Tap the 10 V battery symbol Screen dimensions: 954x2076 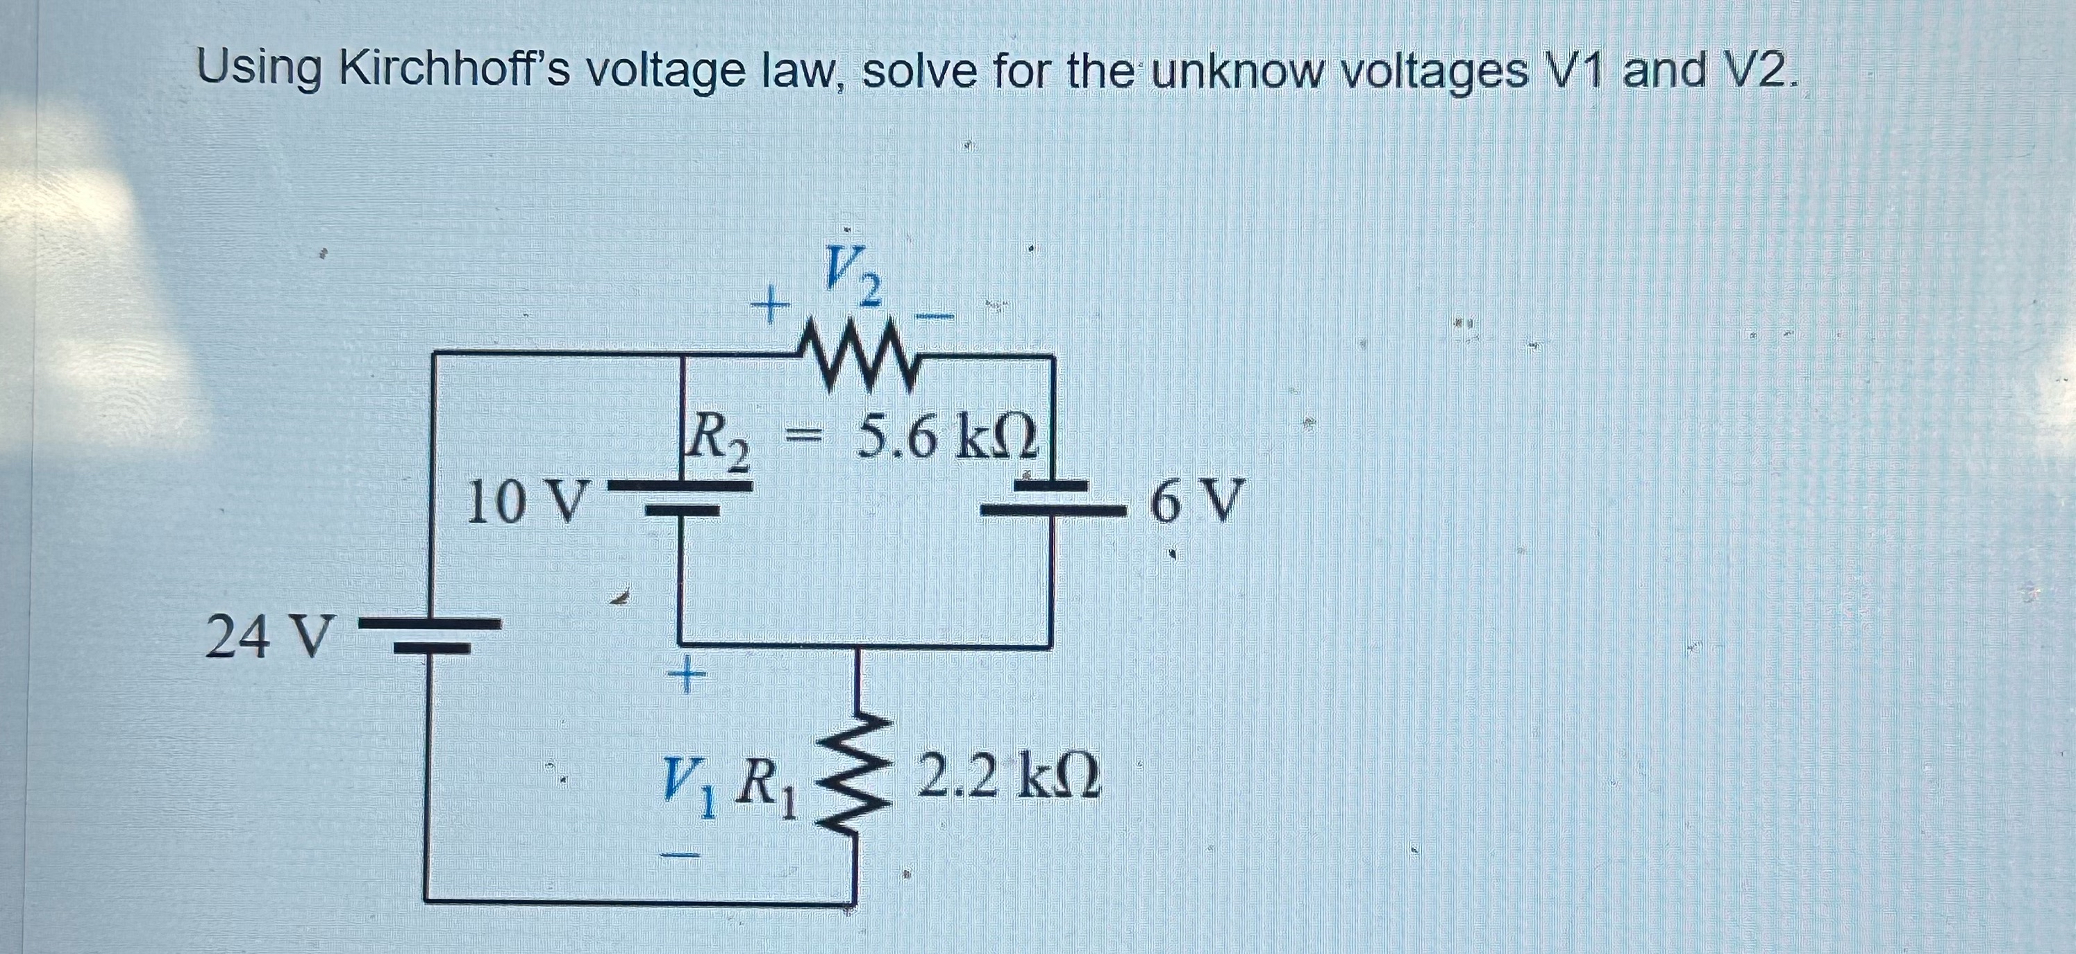682,498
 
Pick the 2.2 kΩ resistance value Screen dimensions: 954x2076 1007,774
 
